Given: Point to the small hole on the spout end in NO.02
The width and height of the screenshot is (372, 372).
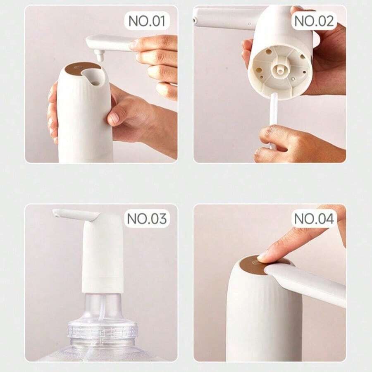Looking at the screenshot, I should (x=194, y=20).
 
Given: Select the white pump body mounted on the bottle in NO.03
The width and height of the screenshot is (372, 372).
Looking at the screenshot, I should (x=103, y=256).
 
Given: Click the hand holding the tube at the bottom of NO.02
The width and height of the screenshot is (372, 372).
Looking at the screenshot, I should (x=298, y=145).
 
